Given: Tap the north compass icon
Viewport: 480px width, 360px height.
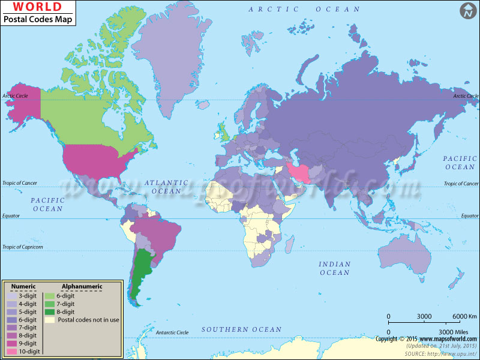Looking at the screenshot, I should pos(468,10).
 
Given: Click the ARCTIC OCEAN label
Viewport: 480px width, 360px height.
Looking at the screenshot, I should pos(305,9).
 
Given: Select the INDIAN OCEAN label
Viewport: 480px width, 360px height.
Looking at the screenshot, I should pos(334,268).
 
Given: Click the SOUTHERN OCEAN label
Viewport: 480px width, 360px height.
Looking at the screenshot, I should pos(241,329).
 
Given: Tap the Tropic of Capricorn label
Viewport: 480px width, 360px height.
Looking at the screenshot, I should pos(23,247).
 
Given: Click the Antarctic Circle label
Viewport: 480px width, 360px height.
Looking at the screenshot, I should pos(172,332).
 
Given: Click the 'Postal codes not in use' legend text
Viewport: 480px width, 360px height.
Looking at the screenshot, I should pos(87,320).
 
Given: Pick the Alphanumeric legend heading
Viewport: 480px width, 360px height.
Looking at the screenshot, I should pos(82,287).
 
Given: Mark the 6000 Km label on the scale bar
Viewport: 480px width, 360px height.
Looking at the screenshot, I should pos(464,316).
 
